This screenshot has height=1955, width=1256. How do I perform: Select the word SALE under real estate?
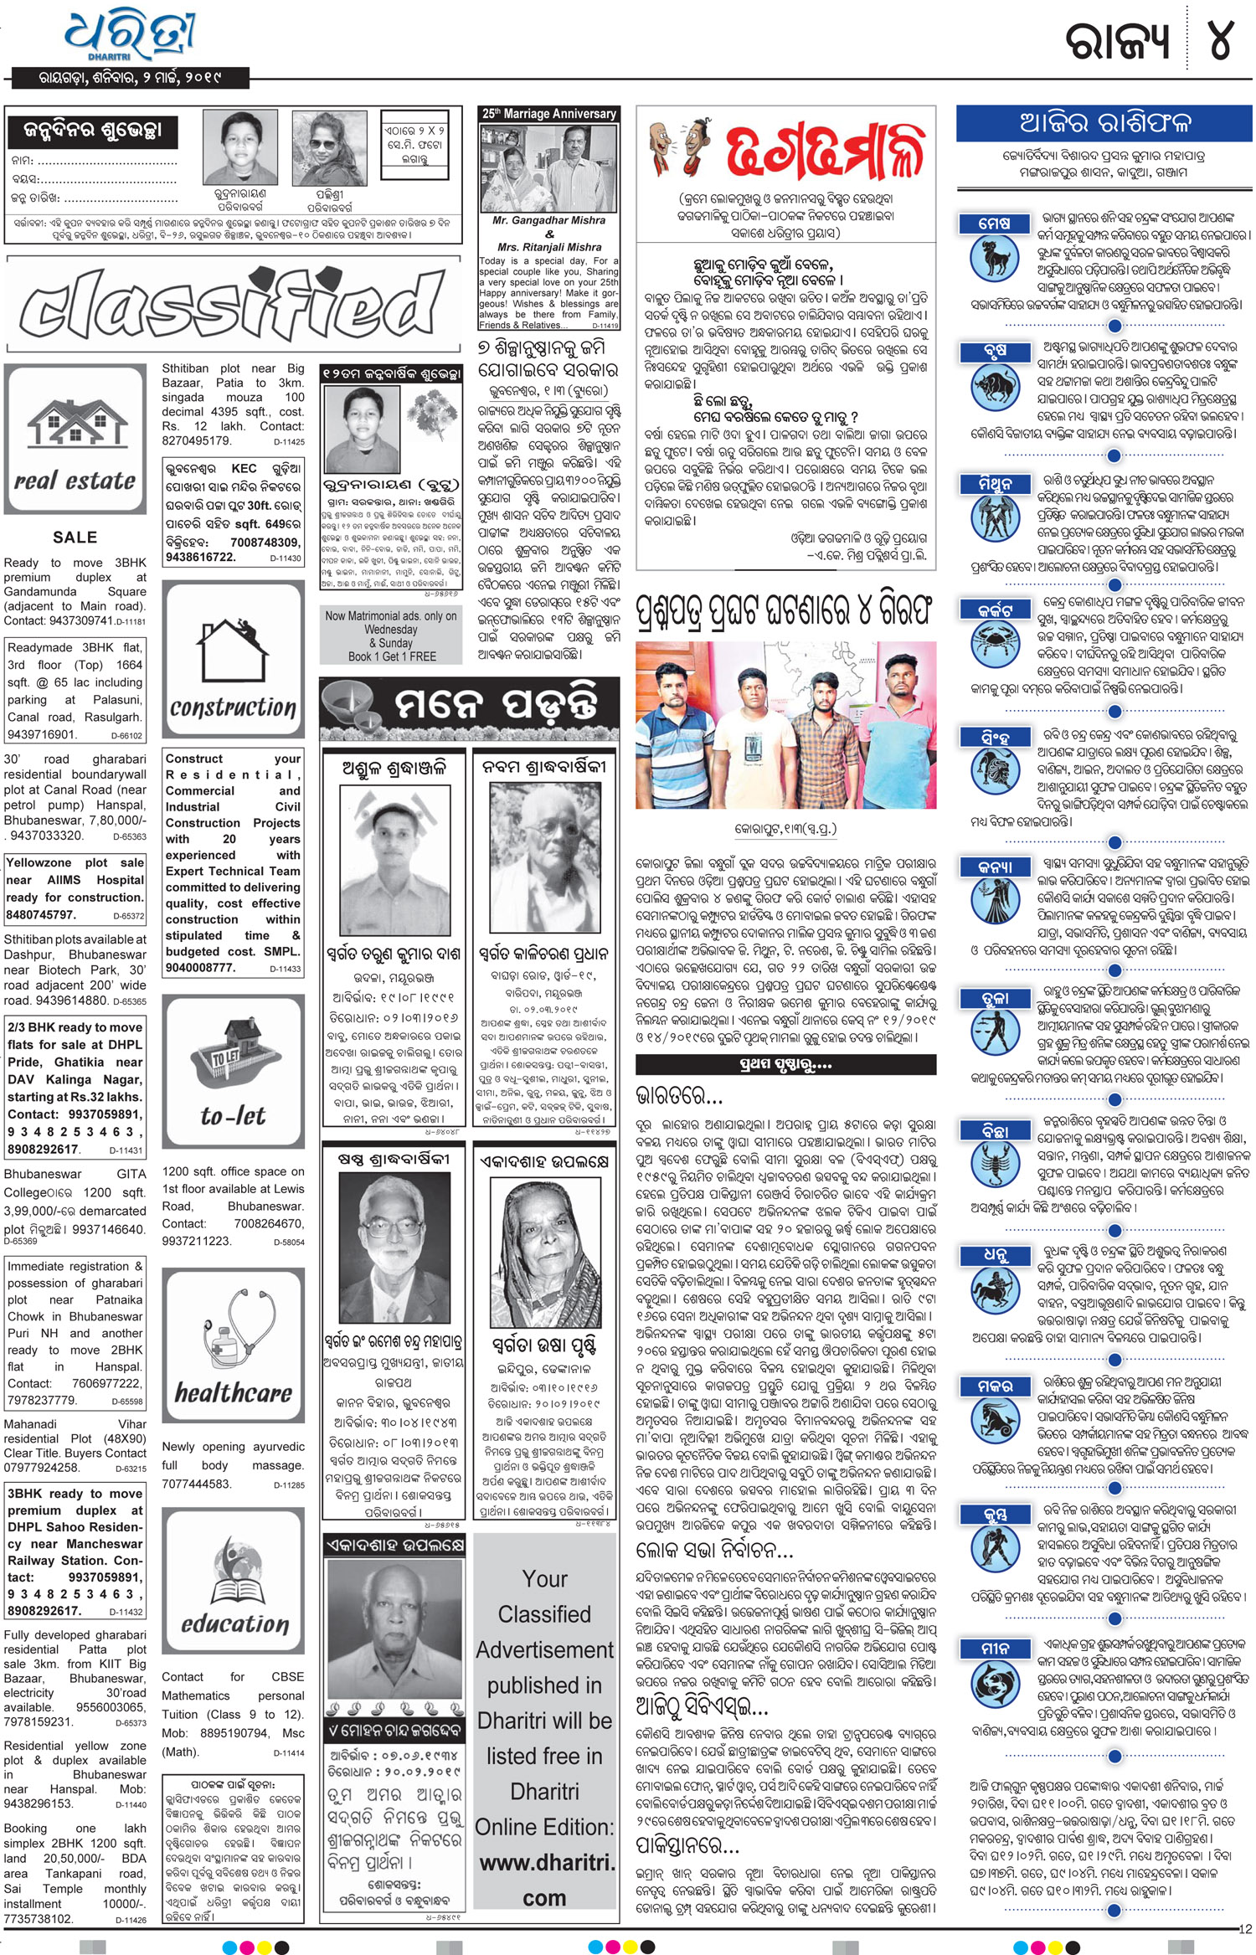[x=75, y=538]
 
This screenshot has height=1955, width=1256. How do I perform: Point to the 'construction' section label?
[x=233, y=707]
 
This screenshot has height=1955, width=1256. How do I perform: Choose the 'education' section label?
[x=234, y=1624]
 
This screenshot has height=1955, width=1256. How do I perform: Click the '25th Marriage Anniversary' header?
[x=548, y=114]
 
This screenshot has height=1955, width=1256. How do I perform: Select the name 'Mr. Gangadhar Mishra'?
[x=548, y=220]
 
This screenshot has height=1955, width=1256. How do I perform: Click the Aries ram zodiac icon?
[x=995, y=257]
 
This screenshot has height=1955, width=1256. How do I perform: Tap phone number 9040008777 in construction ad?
[x=199, y=967]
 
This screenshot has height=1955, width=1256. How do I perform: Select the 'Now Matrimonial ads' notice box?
[x=391, y=636]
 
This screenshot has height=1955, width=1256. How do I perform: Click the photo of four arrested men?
[x=785, y=725]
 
